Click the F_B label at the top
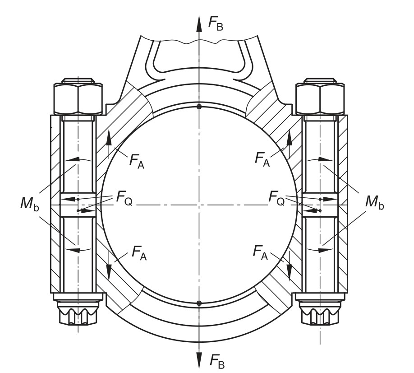pyautogui.click(x=216, y=23)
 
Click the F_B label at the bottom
pyautogui.click(x=217, y=361)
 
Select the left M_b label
pyautogui.click(x=30, y=204)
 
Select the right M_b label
pyautogui.click(x=375, y=202)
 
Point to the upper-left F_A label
pyautogui.click(x=137, y=161)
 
